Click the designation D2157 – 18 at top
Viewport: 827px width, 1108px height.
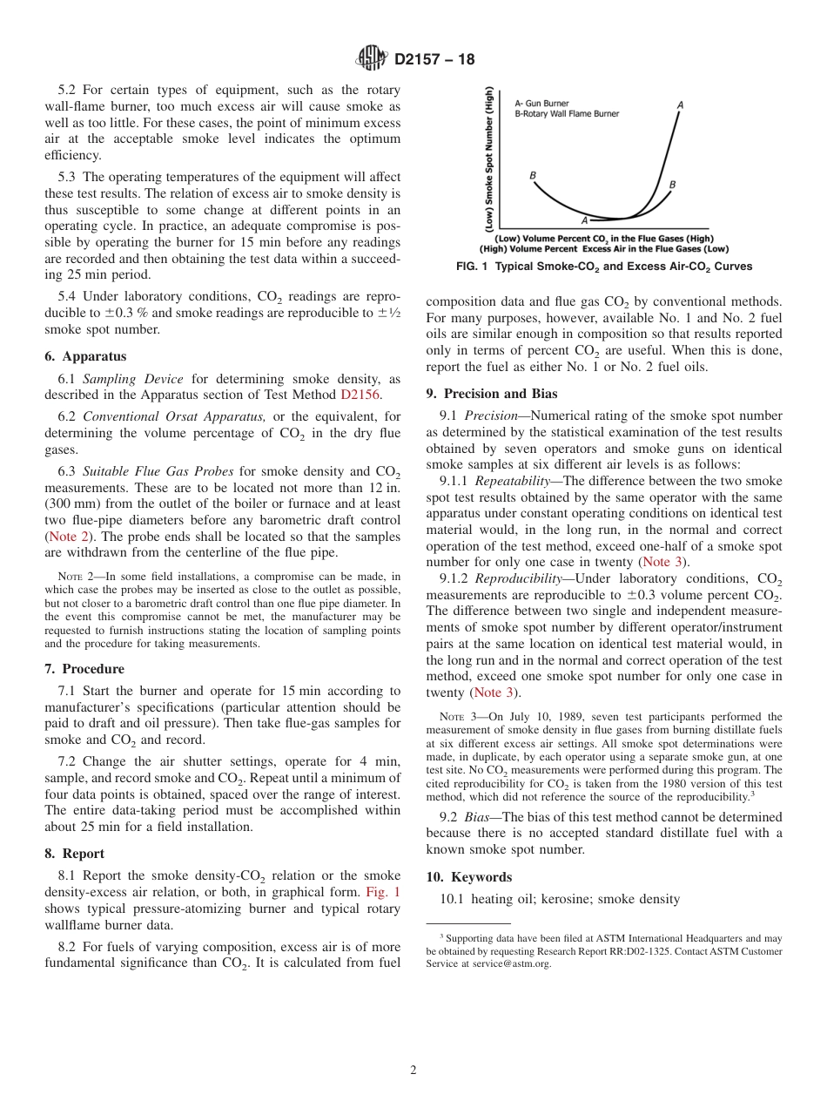(x=434, y=60)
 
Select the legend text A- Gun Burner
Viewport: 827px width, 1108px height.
(x=542, y=103)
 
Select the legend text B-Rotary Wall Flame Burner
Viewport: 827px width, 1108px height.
(x=567, y=113)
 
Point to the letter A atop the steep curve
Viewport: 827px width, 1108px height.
(x=679, y=105)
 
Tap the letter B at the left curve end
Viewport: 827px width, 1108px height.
(x=533, y=175)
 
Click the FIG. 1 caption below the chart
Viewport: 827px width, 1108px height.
(x=604, y=267)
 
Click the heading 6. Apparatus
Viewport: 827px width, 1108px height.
(x=85, y=356)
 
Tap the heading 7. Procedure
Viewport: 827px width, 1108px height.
(x=84, y=669)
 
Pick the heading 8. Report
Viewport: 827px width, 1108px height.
(x=75, y=854)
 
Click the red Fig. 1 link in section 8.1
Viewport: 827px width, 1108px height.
(x=383, y=892)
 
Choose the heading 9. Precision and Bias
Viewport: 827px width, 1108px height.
(x=492, y=394)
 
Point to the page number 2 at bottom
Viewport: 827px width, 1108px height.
(x=413, y=1071)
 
